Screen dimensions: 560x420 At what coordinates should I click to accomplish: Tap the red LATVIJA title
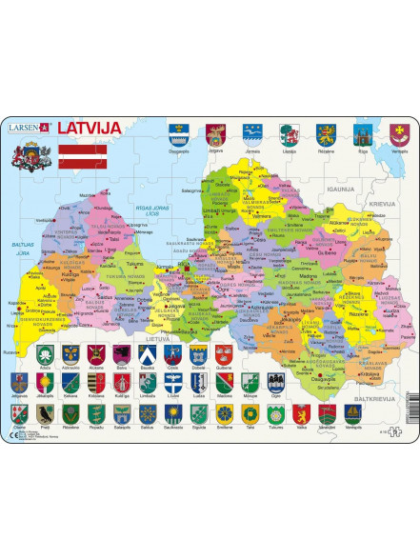(x=92, y=128)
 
